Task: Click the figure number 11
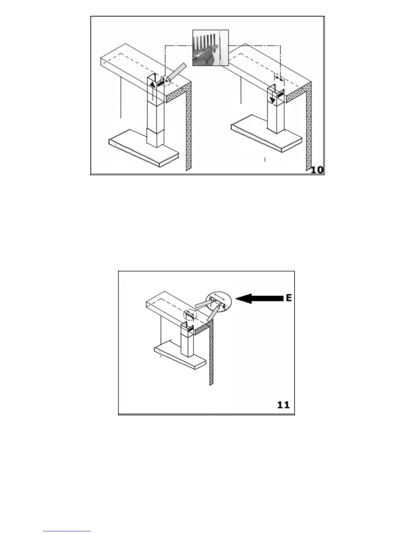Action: pyautogui.click(x=283, y=404)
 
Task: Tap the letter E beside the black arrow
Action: pyautogui.click(x=288, y=298)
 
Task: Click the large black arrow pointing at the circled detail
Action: pyautogui.click(x=259, y=298)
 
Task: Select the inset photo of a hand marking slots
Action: pyautogui.click(x=210, y=48)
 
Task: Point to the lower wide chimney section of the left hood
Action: pyautogui.click(x=155, y=137)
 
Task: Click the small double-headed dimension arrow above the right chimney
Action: pyautogui.click(x=279, y=78)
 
